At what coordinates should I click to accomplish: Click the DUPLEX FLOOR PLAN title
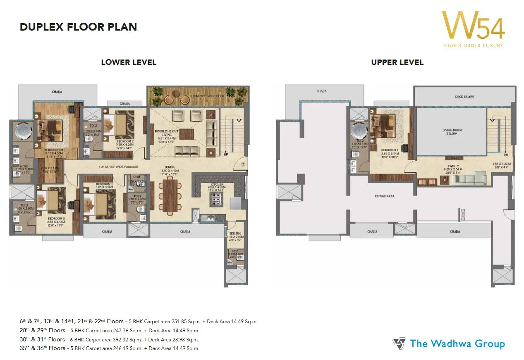tap(79, 27)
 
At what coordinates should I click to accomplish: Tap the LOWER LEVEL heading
tap(129, 62)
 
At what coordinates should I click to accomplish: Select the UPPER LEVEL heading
tap(397, 62)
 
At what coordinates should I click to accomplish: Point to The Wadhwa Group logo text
tap(457, 343)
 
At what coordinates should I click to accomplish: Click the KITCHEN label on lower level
tap(217, 184)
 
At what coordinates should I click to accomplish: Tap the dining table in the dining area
tap(170, 195)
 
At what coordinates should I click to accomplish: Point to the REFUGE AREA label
tap(384, 196)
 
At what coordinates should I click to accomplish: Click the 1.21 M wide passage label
tap(112, 167)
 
